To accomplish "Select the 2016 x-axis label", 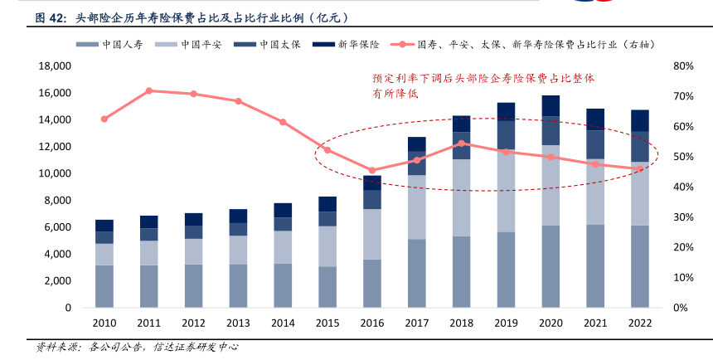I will pos(372,323).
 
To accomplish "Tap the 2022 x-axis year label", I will pos(640,323).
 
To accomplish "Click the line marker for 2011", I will pos(149,90).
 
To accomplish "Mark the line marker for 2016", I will pos(372,170).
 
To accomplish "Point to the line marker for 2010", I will pos(104,119).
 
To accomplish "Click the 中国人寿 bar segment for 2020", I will pos(551,266).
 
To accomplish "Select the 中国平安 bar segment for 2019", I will pos(506,191).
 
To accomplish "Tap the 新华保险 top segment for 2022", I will pos(640,121).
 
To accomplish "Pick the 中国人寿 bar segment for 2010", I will pos(104,286).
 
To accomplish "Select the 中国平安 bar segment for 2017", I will pos(417,207).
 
